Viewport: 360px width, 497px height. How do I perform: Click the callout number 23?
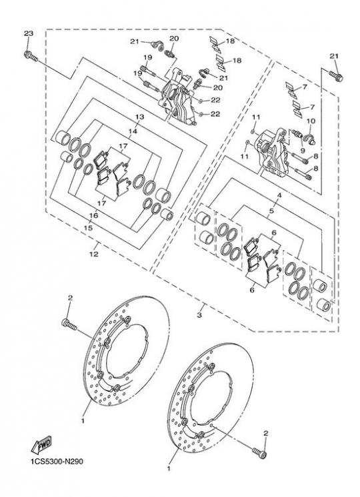tap(29, 33)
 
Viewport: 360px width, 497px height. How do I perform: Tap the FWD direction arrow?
tap(41, 445)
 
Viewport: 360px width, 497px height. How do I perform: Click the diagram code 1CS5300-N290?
tap(57, 461)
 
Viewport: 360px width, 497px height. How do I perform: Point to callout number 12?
tap(94, 254)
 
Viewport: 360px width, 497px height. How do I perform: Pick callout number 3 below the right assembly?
tap(199, 315)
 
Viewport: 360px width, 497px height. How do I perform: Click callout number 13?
tap(139, 117)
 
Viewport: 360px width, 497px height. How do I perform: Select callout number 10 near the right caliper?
tap(311, 121)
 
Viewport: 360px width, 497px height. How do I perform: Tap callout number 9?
tap(302, 151)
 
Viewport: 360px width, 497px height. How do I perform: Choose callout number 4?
tap(279, 196)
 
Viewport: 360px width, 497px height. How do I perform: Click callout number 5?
tap(271, 211)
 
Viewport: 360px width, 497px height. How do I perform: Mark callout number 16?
tap(93, 216)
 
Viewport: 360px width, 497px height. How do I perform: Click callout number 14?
tap(133, 131)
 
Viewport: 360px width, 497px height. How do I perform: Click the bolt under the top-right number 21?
tap(336, 76)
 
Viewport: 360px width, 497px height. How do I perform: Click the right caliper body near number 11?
tap(273, 152)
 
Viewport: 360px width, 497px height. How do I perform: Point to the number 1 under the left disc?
tap(83, 420)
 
